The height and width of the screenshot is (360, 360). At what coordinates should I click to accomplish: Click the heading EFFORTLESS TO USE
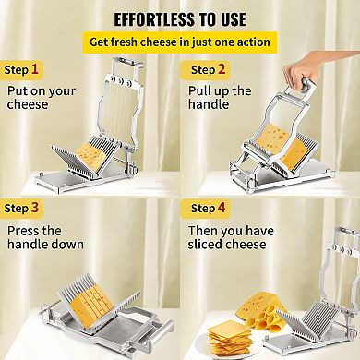coord(179,18)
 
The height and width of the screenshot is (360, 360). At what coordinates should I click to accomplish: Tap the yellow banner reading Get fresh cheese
coord(179,42)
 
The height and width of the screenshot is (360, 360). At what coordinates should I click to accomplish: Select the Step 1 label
coord(23,69)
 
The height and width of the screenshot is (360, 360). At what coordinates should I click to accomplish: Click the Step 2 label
coord(210,69)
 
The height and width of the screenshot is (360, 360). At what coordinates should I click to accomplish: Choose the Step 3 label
coord(23,208)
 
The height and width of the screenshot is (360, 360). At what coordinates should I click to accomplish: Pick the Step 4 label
coord(210,208)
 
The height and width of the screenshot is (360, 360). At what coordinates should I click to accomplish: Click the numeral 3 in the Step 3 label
coord(35,208)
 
